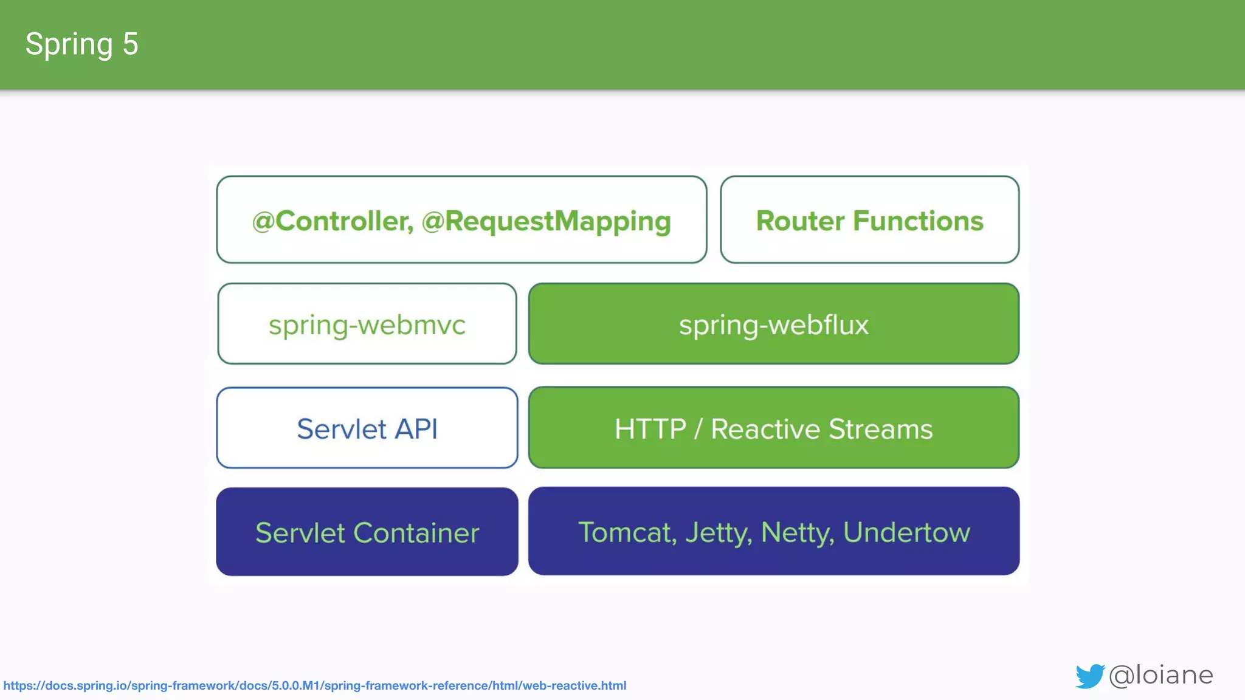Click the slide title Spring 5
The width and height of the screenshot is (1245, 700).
[x=81, y=44]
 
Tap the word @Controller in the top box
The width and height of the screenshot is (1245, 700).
[x=332, y=221]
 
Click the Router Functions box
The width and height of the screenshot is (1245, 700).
[x=869, y=220]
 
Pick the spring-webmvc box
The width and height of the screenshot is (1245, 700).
[x=367, y=324]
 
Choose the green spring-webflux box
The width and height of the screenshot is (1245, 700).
[x=773, y=324]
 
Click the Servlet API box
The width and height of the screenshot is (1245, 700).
[x=367, y=428]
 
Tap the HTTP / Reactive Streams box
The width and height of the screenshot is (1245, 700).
[x=773, y=428]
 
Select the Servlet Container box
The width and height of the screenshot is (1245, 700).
[x=367, y=532]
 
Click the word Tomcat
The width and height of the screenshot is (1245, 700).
[x=627, y=532]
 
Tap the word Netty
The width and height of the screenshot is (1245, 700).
[x=797, y=534]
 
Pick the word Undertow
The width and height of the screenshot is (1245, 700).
[x=906, y=532]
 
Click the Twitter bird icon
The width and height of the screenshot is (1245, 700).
[x=1089, y=676]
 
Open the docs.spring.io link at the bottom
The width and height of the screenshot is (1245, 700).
[x=314, y=685]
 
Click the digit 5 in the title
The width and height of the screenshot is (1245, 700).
[x=130, y=44]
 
